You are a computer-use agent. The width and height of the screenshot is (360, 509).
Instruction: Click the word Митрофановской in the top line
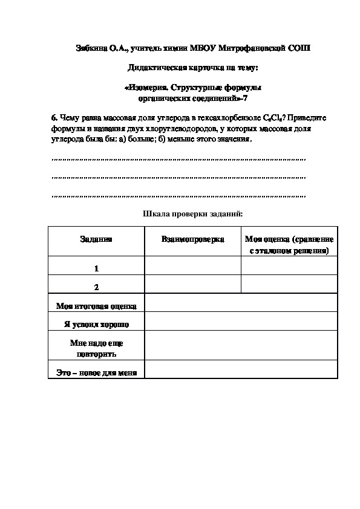252,48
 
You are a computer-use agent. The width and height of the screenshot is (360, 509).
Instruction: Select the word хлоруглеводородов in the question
177,129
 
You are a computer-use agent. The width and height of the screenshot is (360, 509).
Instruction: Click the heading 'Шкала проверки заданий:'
192,213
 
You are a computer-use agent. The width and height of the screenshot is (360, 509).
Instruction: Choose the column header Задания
96,239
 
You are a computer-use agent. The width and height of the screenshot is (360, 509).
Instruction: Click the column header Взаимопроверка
192,239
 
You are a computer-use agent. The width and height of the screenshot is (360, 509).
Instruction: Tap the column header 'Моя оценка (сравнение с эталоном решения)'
289,244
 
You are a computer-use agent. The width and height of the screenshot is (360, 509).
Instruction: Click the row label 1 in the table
96,268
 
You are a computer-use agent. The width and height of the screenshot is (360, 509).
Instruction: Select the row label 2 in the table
96,286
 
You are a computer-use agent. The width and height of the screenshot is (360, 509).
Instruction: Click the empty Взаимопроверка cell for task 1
192,266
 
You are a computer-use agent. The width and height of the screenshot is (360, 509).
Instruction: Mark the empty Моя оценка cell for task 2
289,285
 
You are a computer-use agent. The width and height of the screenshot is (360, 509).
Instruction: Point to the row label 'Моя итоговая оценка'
96,306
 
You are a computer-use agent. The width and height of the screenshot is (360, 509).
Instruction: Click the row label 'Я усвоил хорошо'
96,324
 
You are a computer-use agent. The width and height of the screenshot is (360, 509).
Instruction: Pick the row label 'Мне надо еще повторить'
96,348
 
